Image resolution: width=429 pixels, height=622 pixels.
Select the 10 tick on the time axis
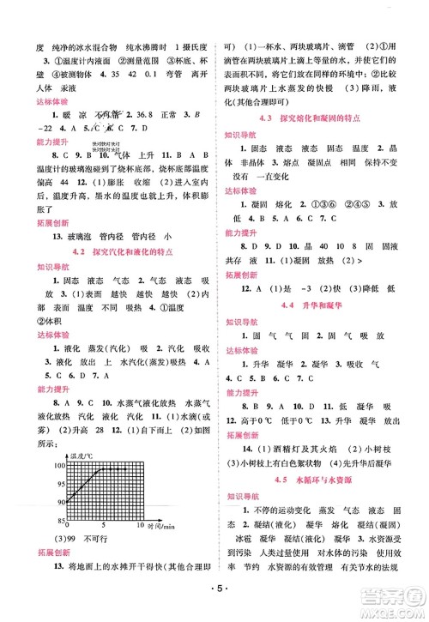pyautogui.click(x=140, y=524)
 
